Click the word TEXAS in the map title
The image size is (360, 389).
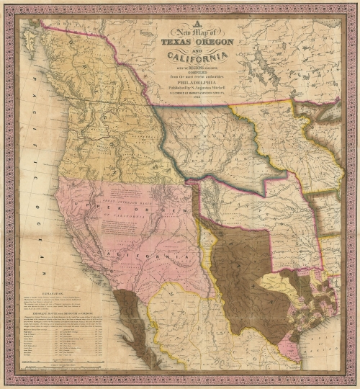[x=174, y=41]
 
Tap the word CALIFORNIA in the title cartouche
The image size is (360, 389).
[x=196, y=57]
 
